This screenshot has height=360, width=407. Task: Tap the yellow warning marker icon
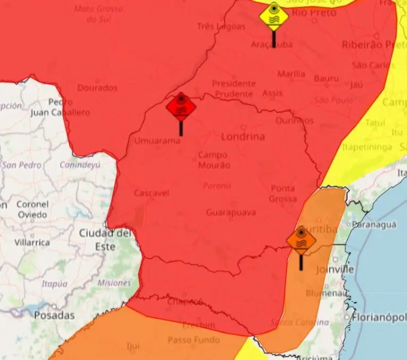pyautogui.click(x=274, y=16)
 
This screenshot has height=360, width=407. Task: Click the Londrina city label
pyautogui.click(x=242, y=136)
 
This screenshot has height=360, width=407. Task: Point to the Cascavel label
pyautogui.click(x=151, y=193)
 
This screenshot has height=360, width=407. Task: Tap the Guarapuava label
pyautogui.click(x=231, y=212)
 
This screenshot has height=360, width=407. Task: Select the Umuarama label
pyautogui.click(x=157, y=141)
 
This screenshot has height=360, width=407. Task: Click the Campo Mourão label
pyautogui.click(x=213, y=160)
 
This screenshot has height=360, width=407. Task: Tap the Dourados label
pyautogui.click(x=97, y=88)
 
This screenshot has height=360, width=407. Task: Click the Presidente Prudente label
pyautogui.click(x=234, y=89)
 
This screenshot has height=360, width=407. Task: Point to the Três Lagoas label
pyautogui.click(x=221, y=26)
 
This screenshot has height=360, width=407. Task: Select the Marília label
pyautogui.click(x=291, y=74)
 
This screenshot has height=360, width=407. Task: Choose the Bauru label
pyautogui.click(x=326, y=79)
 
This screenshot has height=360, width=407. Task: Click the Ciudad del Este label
pyautogui.click(x=105, y=239)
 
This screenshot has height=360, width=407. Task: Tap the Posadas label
pyautogui.click(x=54, y=315)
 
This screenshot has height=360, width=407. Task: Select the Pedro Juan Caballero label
pyautogui.click(x=60, y=107)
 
